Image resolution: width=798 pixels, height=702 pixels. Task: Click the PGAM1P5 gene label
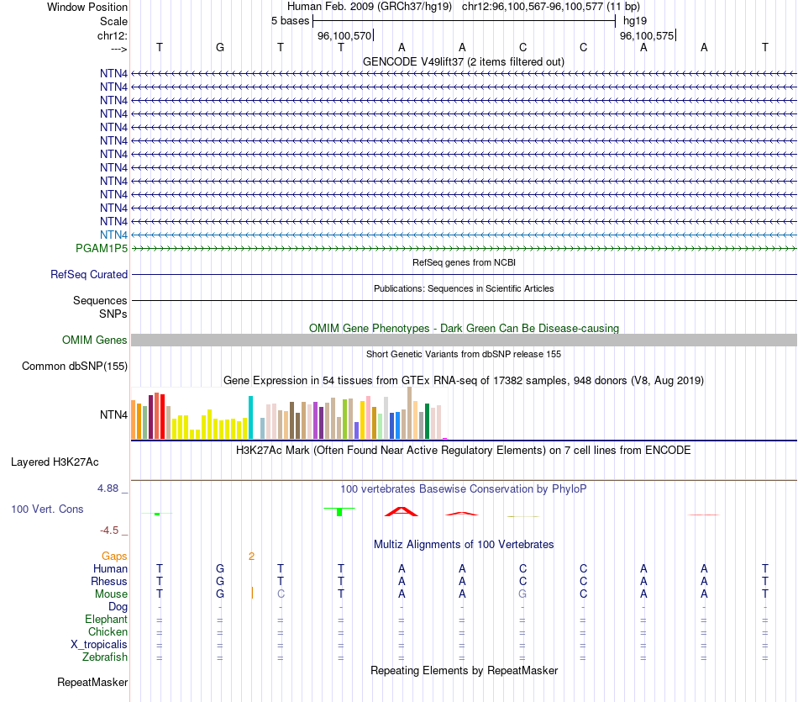102,248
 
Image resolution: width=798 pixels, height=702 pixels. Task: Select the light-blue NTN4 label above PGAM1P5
113,235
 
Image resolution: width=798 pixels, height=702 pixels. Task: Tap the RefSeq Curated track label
89,274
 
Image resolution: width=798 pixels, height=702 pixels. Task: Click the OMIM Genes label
95,340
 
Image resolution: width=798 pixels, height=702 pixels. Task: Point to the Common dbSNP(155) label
75,366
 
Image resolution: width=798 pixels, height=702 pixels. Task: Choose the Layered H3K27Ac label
55,462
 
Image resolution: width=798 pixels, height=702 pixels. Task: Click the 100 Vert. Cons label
47,509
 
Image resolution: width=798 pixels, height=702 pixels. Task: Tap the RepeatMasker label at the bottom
92,682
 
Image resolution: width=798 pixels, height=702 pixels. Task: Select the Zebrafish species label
105,657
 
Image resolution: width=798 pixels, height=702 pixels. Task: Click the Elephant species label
107,619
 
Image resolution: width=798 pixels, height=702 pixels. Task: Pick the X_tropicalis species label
99,644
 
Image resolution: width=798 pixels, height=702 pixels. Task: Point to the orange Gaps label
114,556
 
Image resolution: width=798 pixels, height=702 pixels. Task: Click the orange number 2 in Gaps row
251,556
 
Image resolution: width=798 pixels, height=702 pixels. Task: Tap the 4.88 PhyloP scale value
112,488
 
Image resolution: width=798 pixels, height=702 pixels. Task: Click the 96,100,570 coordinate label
344,35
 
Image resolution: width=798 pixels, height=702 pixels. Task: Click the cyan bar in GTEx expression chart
250,417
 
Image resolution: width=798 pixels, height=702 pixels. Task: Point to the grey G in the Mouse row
522,594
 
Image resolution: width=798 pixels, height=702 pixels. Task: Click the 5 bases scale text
290,20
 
